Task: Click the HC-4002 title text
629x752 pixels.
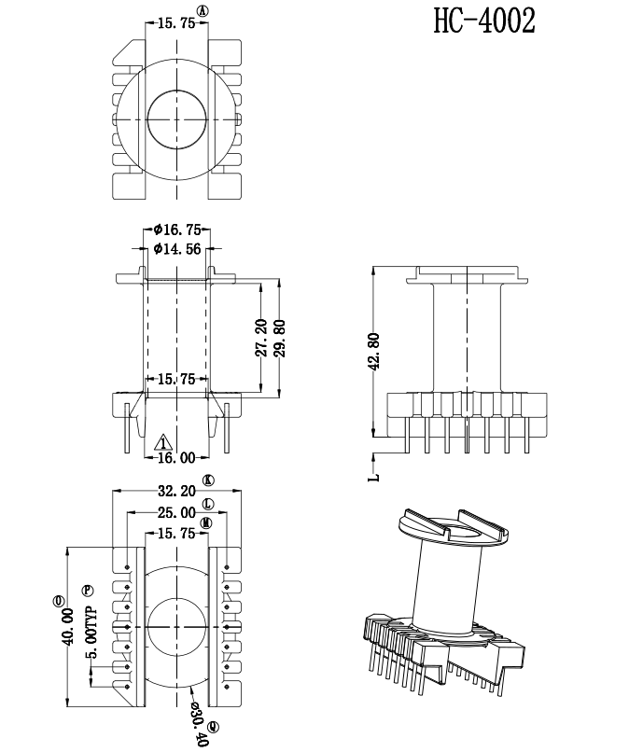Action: coord(484,21)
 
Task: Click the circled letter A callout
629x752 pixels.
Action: coord(203,11)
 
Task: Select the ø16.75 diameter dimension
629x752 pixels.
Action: coord(177,230)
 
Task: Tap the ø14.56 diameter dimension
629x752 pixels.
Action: coord(177,249)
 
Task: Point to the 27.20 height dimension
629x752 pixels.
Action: coord(261,338)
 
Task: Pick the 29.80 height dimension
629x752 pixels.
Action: coord(280,338)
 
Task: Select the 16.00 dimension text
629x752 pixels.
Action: coord(176,457)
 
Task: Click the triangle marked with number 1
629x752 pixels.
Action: coord(163,441)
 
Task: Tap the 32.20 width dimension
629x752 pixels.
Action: coord(176,491)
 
